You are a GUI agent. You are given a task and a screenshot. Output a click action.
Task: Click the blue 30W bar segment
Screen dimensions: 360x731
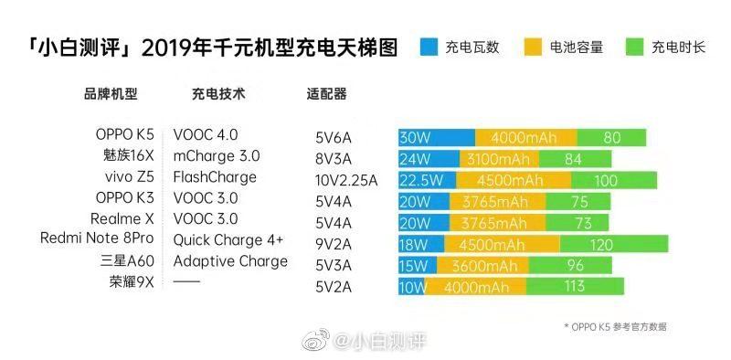tap(436, 138)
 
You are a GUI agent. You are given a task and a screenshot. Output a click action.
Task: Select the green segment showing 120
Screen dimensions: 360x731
tap(600, 244)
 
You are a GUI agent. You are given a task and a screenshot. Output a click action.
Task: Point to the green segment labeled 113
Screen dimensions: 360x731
tap(575, 287)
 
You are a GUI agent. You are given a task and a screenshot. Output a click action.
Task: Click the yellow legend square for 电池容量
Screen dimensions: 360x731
tap(534, 47)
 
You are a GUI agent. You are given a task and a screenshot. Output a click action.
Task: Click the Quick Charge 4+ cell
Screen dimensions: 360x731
tap(228, 239)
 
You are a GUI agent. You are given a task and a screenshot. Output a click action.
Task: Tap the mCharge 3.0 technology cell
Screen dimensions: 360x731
tap(216, 155)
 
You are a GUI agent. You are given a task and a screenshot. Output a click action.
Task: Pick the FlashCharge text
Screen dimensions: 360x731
tap(215, 176)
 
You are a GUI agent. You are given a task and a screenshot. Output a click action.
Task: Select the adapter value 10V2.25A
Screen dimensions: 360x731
tap(345, 180)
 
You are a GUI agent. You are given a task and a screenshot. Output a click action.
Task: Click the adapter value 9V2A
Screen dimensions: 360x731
tap(334, 244)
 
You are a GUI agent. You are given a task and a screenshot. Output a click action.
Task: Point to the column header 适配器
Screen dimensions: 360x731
tap(327, 94)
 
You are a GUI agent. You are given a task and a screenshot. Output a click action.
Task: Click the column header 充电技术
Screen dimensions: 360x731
tap(218, 93)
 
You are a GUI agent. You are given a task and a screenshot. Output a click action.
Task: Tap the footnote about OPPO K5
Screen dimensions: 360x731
tap(621, 325)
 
